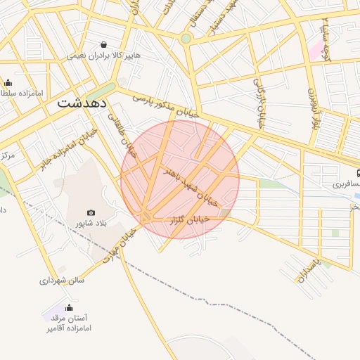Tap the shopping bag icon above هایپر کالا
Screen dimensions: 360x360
pyautogui.click(x=104, y=44)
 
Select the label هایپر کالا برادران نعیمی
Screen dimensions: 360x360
pyautogui.click(x=104, y=55)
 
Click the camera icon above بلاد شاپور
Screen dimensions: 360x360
pyautogui.click(x=91, y=212)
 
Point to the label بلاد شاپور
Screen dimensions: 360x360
pyautogui.click(x=91, y=224)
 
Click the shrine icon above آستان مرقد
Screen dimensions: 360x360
pyautogui.click(x=69, y=307)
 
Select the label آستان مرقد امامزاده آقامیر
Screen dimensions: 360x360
pyautogui.click(x=69, y=323)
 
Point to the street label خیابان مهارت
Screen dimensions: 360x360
pyautogui.click(x=117, y=244)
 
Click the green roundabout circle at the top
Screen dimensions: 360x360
pyautogui.click(x=186, y=39)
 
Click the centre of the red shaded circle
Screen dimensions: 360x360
pyautogui.click(x=180, y=179)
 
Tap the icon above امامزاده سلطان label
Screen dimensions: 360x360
pyautogui.click(x=8, y=82)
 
